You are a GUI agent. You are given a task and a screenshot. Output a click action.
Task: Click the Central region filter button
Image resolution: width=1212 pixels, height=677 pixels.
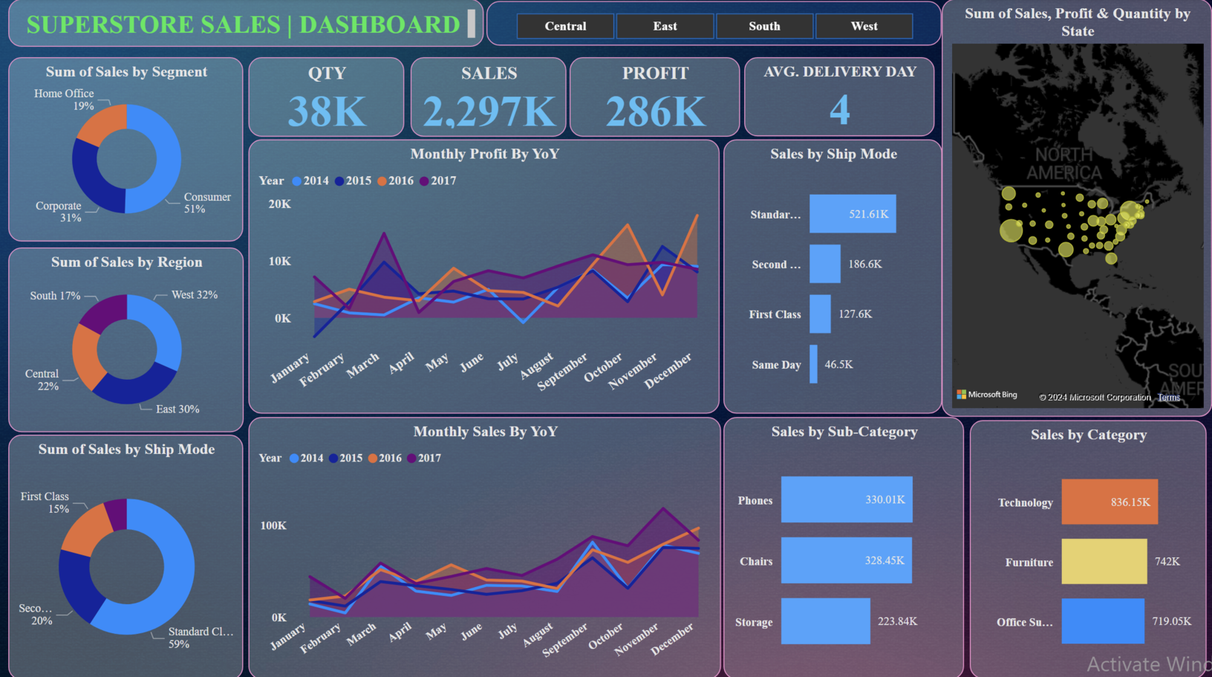pos(565,26)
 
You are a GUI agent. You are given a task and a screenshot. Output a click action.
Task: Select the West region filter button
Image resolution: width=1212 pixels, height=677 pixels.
pos(864,26)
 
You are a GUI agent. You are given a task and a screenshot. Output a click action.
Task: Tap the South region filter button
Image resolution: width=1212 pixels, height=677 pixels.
pos(764,26)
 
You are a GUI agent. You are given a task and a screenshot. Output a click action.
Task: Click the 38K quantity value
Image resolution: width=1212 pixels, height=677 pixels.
pos(327,111)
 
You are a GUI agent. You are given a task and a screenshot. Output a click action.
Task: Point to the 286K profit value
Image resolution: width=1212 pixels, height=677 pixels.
pos(655,111)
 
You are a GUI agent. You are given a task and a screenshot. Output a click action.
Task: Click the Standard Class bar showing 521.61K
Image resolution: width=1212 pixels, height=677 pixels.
pos(853,214)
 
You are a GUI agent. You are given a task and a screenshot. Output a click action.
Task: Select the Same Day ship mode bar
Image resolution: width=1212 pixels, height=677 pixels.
pos(813,364)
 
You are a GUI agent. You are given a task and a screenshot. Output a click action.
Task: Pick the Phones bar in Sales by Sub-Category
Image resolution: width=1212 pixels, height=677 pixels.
pos(847,500)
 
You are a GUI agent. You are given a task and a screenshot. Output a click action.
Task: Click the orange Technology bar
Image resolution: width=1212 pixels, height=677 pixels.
pos(1110,502)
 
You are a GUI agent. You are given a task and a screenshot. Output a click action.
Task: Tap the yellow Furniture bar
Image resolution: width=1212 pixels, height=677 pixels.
pos(1104,562)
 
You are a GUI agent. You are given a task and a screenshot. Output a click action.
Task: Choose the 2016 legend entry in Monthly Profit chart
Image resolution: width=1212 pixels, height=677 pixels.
pos(395,181)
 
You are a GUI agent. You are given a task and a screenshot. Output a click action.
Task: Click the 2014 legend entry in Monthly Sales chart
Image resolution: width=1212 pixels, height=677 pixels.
pos(306,458)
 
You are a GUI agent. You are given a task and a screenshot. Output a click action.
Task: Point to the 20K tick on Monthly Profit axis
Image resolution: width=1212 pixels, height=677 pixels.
pos(280,204)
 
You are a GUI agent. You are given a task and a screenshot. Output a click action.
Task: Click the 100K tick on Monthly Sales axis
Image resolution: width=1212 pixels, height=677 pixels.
pos(273,525)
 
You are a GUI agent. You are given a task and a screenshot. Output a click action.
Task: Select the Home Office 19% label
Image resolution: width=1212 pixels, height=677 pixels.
pos(65,100)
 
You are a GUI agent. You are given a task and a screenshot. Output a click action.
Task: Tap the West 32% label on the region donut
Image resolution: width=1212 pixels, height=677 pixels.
pos(195,295)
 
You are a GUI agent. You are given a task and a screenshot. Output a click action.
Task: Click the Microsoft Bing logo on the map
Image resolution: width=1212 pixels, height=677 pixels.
pos(987,395)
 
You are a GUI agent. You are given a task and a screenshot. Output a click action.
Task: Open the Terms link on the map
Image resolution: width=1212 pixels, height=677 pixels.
pos(1168,398)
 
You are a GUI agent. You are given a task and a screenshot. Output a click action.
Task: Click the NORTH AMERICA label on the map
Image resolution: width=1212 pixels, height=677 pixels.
pos(1063,164)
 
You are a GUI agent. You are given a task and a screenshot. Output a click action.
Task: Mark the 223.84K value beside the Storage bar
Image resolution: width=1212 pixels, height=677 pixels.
pos(897,621)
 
